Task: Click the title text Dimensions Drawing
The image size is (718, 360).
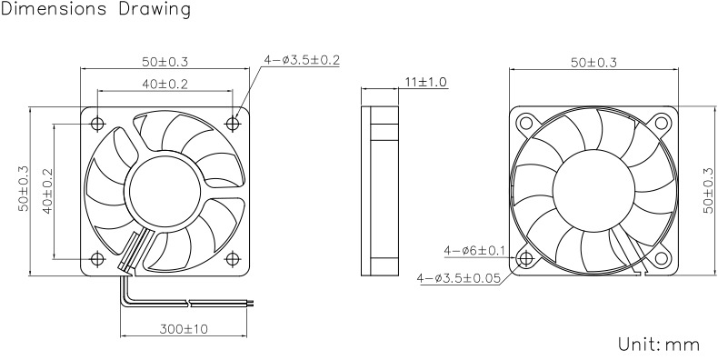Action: coord(95,9)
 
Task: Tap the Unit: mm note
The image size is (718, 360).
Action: coord(659,344)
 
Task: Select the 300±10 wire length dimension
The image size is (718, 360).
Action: coord(184,329)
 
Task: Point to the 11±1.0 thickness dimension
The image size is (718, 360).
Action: coord(426,83)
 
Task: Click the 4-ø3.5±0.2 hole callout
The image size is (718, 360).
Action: coord(302,60)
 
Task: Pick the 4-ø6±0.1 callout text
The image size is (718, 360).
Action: coord(474,251)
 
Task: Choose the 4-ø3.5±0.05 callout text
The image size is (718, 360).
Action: coord(458,278)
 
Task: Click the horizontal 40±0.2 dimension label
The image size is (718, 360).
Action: coord(165,84)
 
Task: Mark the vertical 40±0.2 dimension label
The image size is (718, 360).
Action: coord(48,191)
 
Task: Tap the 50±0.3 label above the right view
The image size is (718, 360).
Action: coord(593,63)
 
